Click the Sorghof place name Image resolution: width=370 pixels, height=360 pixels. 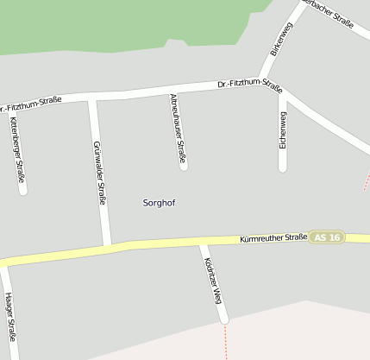[x=159, y=202]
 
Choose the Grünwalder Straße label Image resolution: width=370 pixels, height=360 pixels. [x=99, y=173]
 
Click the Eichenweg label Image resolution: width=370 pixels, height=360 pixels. [x=283, y=129]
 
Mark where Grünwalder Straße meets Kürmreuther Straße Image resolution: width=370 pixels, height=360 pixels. [x=107, y=247]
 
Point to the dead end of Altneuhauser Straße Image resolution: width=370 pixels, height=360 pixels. [x=184, y=165]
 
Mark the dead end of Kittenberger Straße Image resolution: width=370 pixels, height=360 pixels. [x=23, y=191]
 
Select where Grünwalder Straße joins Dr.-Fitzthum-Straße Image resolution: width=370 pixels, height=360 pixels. [x=92, y=98]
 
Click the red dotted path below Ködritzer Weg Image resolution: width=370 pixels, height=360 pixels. [x=226, y=341]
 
